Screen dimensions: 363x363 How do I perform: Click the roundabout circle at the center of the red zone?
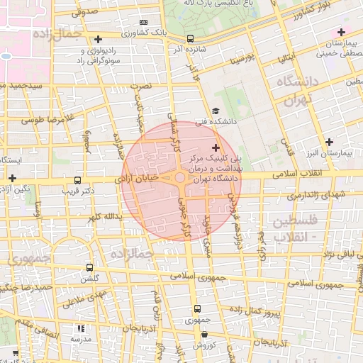coord(181,177)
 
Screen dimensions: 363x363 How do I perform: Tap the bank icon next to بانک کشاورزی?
coord(143,22)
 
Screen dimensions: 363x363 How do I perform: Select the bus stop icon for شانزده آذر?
coord(189,39)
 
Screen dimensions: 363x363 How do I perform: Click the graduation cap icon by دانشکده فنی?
coord(215,111)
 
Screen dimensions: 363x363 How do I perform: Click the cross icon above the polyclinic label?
coord(216,148)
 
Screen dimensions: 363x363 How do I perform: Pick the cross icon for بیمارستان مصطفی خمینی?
coord(341,32)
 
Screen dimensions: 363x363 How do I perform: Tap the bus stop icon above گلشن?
coord(89,267)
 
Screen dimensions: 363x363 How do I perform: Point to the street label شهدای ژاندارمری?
coord(312,194)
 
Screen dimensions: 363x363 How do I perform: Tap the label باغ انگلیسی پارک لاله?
coord(217,4)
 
